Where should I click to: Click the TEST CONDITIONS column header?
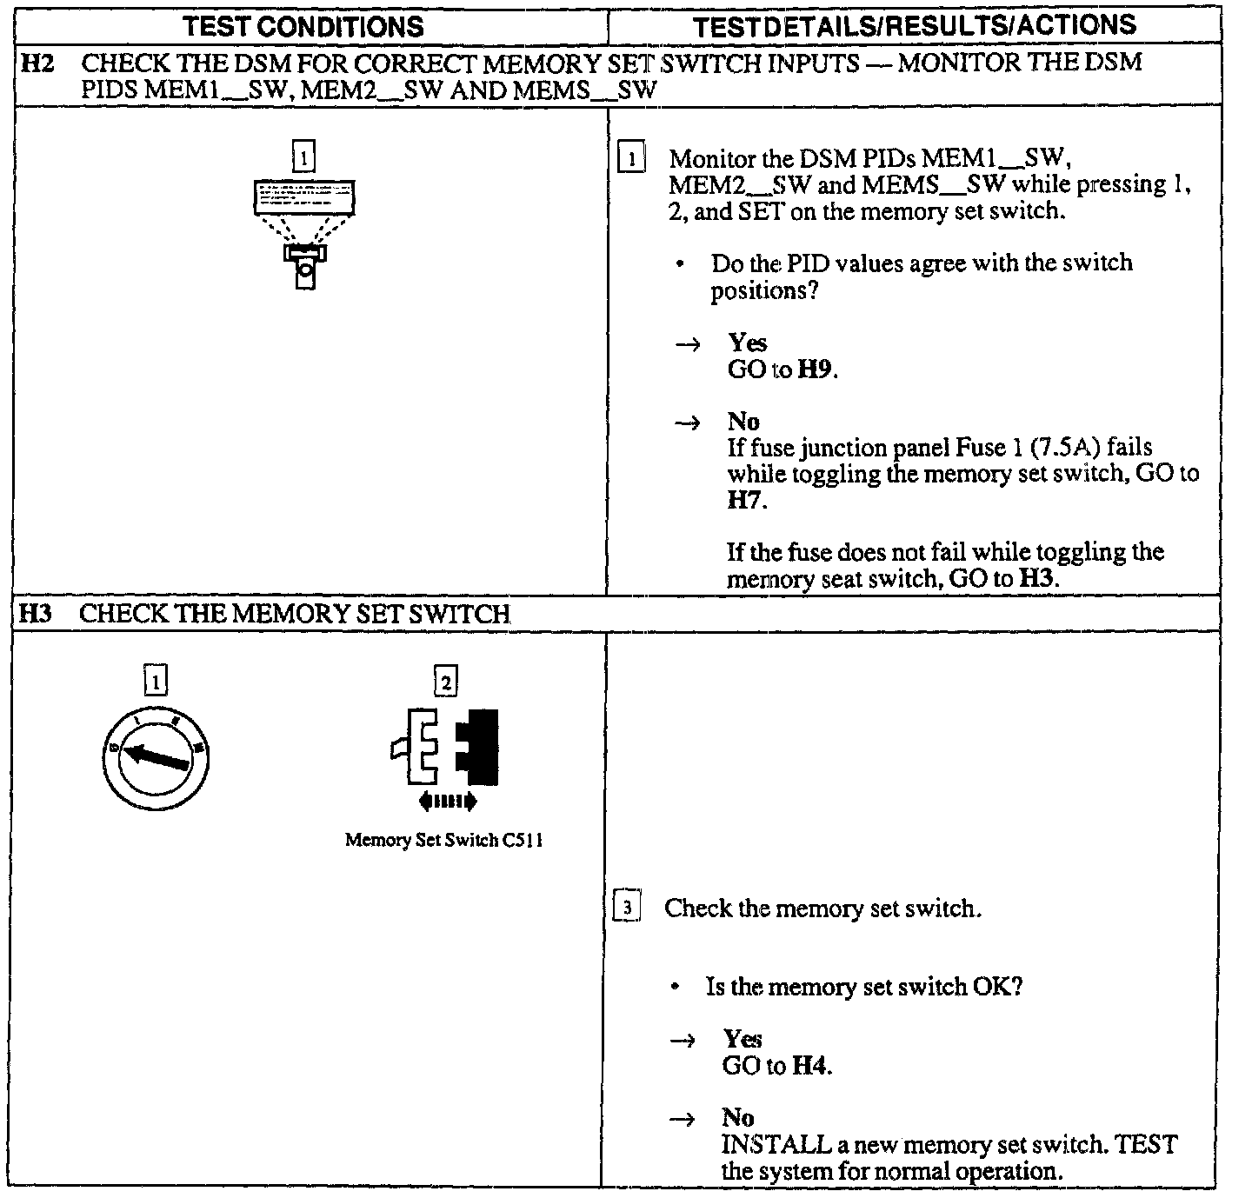[x=303, y=25]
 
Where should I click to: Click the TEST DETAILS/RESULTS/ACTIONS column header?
[x=915, y=25]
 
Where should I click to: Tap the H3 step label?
[x=36, y=614]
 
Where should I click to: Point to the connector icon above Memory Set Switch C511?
[x=445, y=747]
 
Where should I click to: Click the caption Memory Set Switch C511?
[x=444, y=840]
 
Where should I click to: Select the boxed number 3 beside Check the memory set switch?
[x=628, y=908]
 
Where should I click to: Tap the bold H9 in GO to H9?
[x=816, y=369]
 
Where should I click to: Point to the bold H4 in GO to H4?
[x=810, y=1066]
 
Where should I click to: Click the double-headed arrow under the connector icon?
[x=447, y=801]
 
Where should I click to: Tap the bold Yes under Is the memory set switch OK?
[x=743, y=1039]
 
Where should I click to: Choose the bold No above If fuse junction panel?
[x=743, y=422]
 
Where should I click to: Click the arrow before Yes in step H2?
[x=688, y=344]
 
